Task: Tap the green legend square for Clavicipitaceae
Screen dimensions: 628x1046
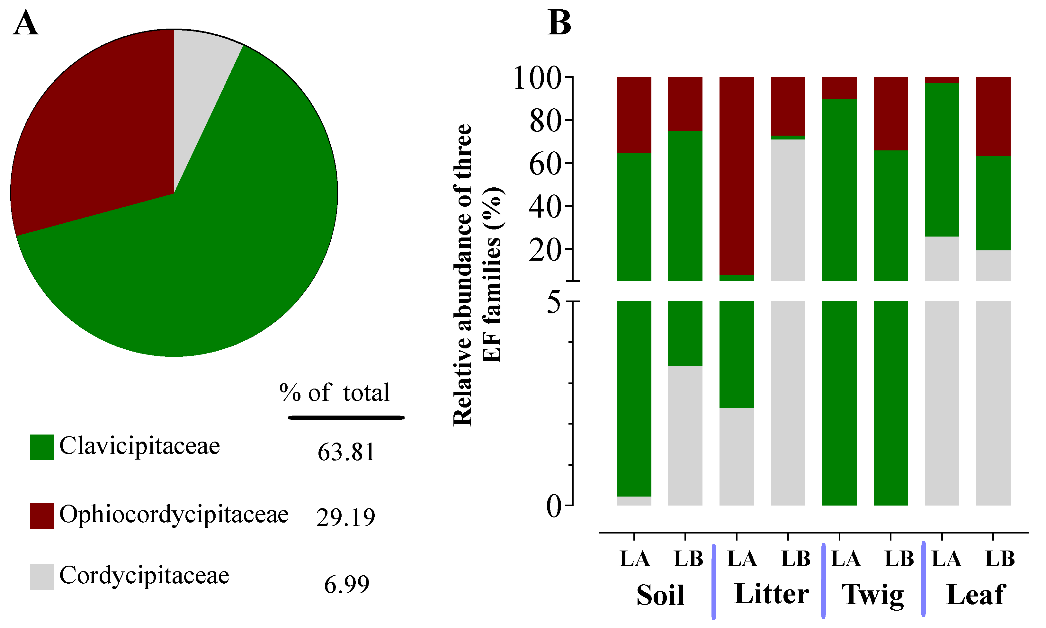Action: [42, 447]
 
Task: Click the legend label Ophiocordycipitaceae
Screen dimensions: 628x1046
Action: [174, 515]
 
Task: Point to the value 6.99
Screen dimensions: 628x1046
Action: [346, 584]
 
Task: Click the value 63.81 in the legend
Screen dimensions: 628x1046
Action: [346, 452]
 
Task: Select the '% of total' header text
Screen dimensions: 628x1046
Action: [334, 393]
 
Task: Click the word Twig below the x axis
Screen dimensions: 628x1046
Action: [872, 595]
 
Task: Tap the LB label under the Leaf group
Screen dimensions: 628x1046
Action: [1000, 559]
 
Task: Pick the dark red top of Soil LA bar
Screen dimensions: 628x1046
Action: [634, 114]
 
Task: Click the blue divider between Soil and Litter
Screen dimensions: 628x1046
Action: [714, 582]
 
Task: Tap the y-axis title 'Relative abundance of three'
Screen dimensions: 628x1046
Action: [462, 275]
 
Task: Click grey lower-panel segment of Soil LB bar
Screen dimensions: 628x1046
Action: [685, 436]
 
